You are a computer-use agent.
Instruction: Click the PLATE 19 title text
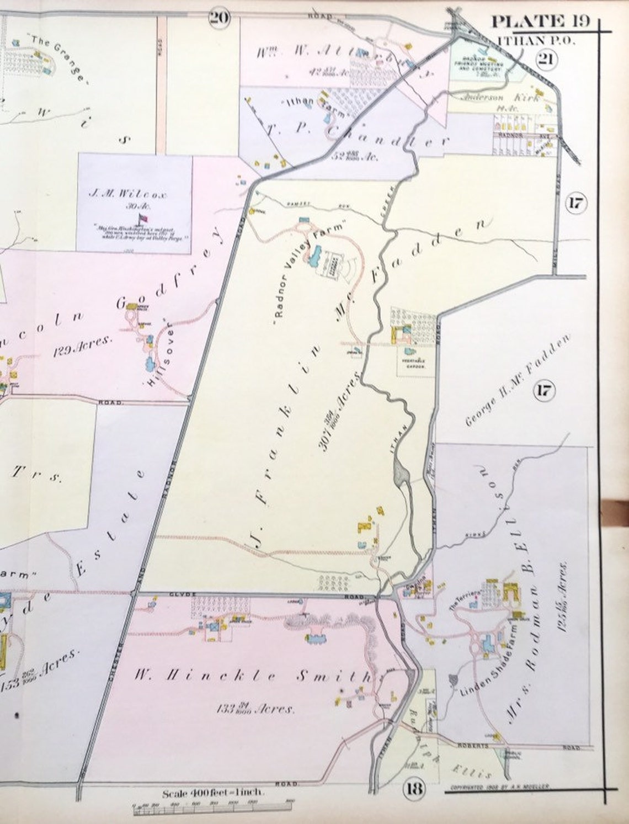pyautogui.click(x=541, y=22)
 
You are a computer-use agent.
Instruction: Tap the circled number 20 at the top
pyautogui.click(x=218, y=18)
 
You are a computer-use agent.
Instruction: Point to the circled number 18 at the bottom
pyautogui.click(x=414, y=788)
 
